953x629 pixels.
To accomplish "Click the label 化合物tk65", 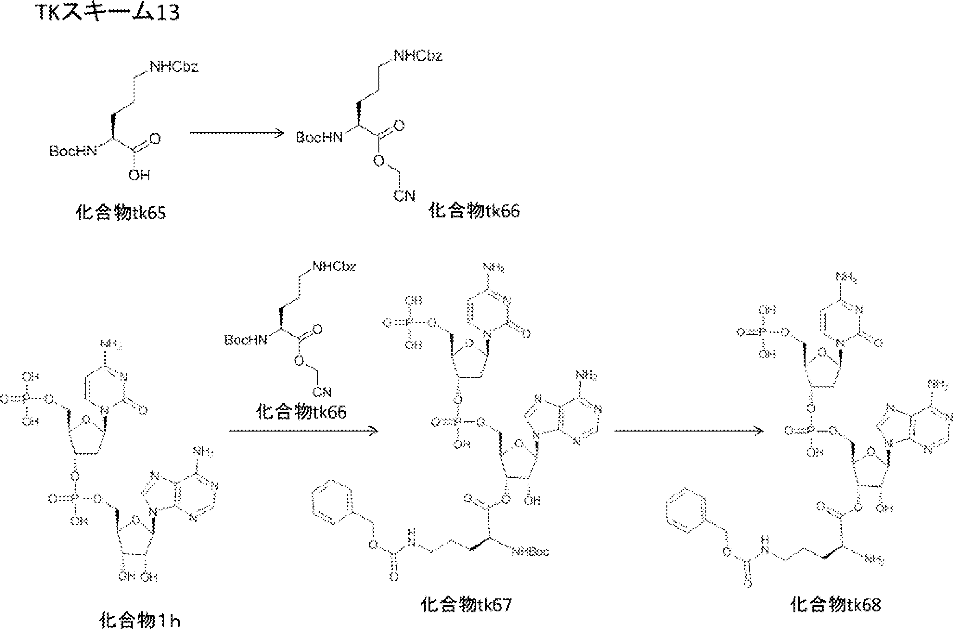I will click(x=121, y=213).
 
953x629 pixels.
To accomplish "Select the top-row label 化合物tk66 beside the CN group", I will click(x=474, y=211).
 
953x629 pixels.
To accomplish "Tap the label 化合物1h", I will click(x=140, y=620).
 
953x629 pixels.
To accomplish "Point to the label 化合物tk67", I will click(x=466, y=604).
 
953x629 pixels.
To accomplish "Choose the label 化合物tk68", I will click(x=835, y=604).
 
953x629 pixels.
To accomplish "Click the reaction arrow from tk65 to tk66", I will click(x=237, y=133).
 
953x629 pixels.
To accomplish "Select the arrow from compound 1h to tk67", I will click(x=304, y=431).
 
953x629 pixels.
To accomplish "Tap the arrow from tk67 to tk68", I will click(x=689, y=431).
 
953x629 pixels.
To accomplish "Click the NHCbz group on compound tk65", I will click(x=174, y=67).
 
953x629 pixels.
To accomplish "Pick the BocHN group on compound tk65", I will click(x=72, y=152).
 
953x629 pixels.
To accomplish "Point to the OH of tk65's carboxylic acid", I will click(x=139, y=175).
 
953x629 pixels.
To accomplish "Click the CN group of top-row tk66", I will click(x=404, y=196).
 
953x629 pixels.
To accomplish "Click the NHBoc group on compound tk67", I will click(x=531, y=552).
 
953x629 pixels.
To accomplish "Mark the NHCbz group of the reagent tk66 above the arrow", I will click(x=334, y=267).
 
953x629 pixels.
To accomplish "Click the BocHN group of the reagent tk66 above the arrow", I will click(x=246, y=341).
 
